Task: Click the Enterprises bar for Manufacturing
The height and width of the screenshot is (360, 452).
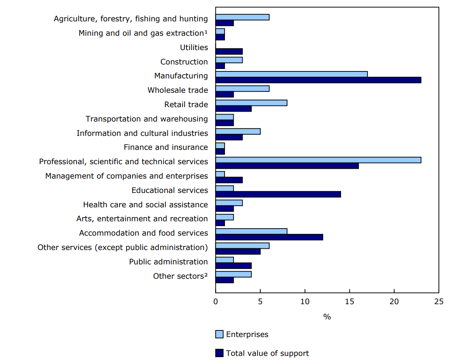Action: (291, 74)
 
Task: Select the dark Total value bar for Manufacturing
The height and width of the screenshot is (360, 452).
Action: (318, 80)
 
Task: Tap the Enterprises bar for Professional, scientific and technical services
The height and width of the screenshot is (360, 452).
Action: (318, 160)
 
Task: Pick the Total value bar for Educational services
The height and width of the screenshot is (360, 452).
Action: (278, 194)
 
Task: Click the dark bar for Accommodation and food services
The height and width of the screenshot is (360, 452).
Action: (269, 237)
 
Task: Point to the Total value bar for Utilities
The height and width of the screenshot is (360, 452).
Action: (229, 51)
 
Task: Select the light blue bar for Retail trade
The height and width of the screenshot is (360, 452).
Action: (251, 103)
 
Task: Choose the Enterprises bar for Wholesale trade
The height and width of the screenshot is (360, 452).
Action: (242, 89)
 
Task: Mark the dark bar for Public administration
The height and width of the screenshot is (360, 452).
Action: (233, 266)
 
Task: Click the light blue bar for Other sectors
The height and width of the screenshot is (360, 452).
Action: (233, 274)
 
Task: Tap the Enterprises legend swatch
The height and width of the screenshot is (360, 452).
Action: (219, 334)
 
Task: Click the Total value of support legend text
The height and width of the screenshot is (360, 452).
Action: (267, 353)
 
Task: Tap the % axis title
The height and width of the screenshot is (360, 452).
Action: (327, 317)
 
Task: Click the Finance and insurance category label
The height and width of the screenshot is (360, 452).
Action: (166, 147)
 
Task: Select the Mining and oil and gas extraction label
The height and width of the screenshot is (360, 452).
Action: (143, 33)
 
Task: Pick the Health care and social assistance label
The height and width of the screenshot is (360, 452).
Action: (145, 204)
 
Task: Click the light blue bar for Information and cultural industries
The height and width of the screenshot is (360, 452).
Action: (238, 131)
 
